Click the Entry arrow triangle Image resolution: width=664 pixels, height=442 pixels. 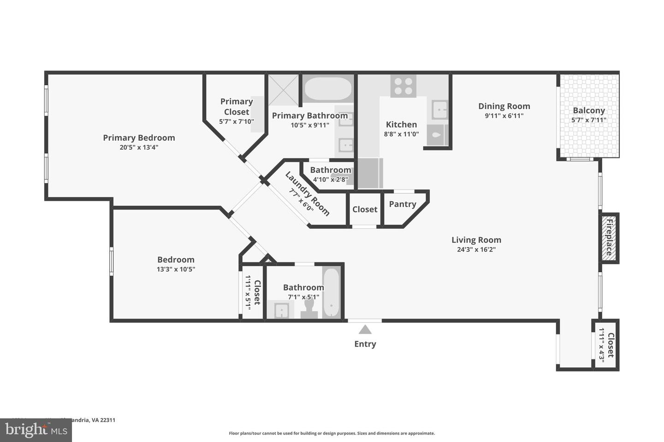click(x=365, y=329)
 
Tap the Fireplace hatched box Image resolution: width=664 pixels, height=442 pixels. click(x=609, y=238)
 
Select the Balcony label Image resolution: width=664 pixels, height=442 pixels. click(x=589, y=110)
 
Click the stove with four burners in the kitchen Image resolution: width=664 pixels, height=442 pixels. click(x=403, y=86)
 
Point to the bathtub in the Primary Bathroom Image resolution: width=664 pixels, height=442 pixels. click(x=328, y=88)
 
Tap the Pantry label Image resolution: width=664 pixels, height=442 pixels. click(x=402, y=204)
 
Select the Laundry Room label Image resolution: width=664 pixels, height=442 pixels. click(x=307, y=194)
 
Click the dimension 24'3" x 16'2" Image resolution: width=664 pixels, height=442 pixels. click(x=476, y=250)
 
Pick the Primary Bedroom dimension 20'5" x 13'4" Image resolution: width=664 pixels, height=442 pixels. click(x=139, y=147)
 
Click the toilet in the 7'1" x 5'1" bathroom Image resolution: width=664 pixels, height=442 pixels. click(x=309, y=308)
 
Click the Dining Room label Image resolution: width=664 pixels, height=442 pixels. click(x=504, y=106)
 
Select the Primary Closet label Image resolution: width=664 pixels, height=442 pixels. click(x=237, y=106)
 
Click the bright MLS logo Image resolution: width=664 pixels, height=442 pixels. click(x=36, y=430)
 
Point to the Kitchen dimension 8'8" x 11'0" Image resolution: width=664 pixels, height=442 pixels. click(x=401, y=134)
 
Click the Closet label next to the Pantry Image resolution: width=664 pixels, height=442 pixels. click(x=365, y=209)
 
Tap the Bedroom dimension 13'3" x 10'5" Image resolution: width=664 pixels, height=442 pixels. click(x=176, y=269)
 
